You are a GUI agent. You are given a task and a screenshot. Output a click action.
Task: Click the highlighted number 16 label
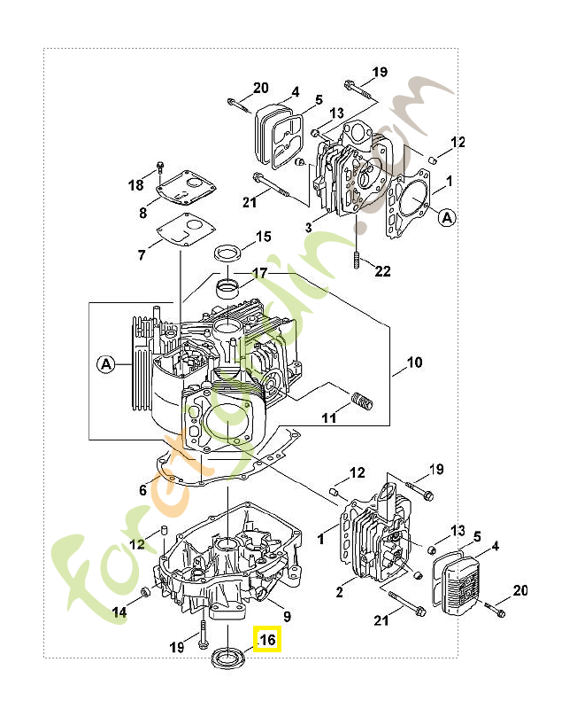point(267,639)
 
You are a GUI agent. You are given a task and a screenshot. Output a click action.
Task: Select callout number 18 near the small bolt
point(135,185)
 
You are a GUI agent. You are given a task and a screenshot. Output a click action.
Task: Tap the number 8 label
point(142,213)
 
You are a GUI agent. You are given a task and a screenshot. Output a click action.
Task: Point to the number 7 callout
point(142,255)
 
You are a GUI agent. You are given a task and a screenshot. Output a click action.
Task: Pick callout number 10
point(414,362)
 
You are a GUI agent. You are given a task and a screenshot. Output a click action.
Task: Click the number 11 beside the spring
point(329,416)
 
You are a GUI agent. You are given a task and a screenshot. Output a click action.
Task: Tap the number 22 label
point(382,271)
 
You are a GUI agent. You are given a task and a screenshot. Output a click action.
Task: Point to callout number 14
point(119,612)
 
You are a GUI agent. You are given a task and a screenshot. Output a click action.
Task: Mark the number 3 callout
point(308,228)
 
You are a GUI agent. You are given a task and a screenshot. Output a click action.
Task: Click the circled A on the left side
point(106,363)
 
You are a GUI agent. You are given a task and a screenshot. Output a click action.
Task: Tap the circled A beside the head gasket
point(447,216)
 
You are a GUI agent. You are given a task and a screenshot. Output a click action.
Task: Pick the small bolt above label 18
point(159,167)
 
